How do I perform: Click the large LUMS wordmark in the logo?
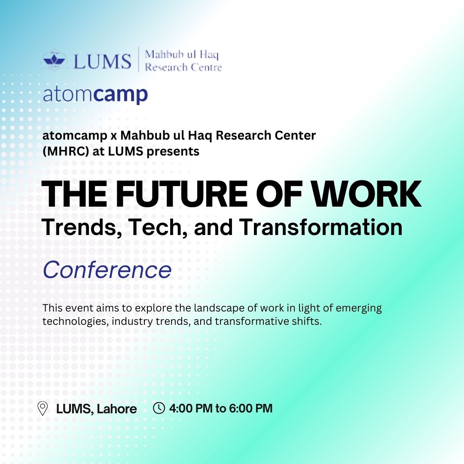(x=102, y=61)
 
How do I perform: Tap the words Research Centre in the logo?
(x=183, y=67)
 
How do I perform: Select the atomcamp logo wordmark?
(x=95, y=95)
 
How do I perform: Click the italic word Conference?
(x=107, y=270)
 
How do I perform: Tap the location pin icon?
(x=43, y=408)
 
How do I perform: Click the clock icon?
(x=159, y=408)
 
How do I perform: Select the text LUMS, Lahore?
(x=97, y=409)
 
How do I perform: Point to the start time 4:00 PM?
(x=191, y=408)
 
